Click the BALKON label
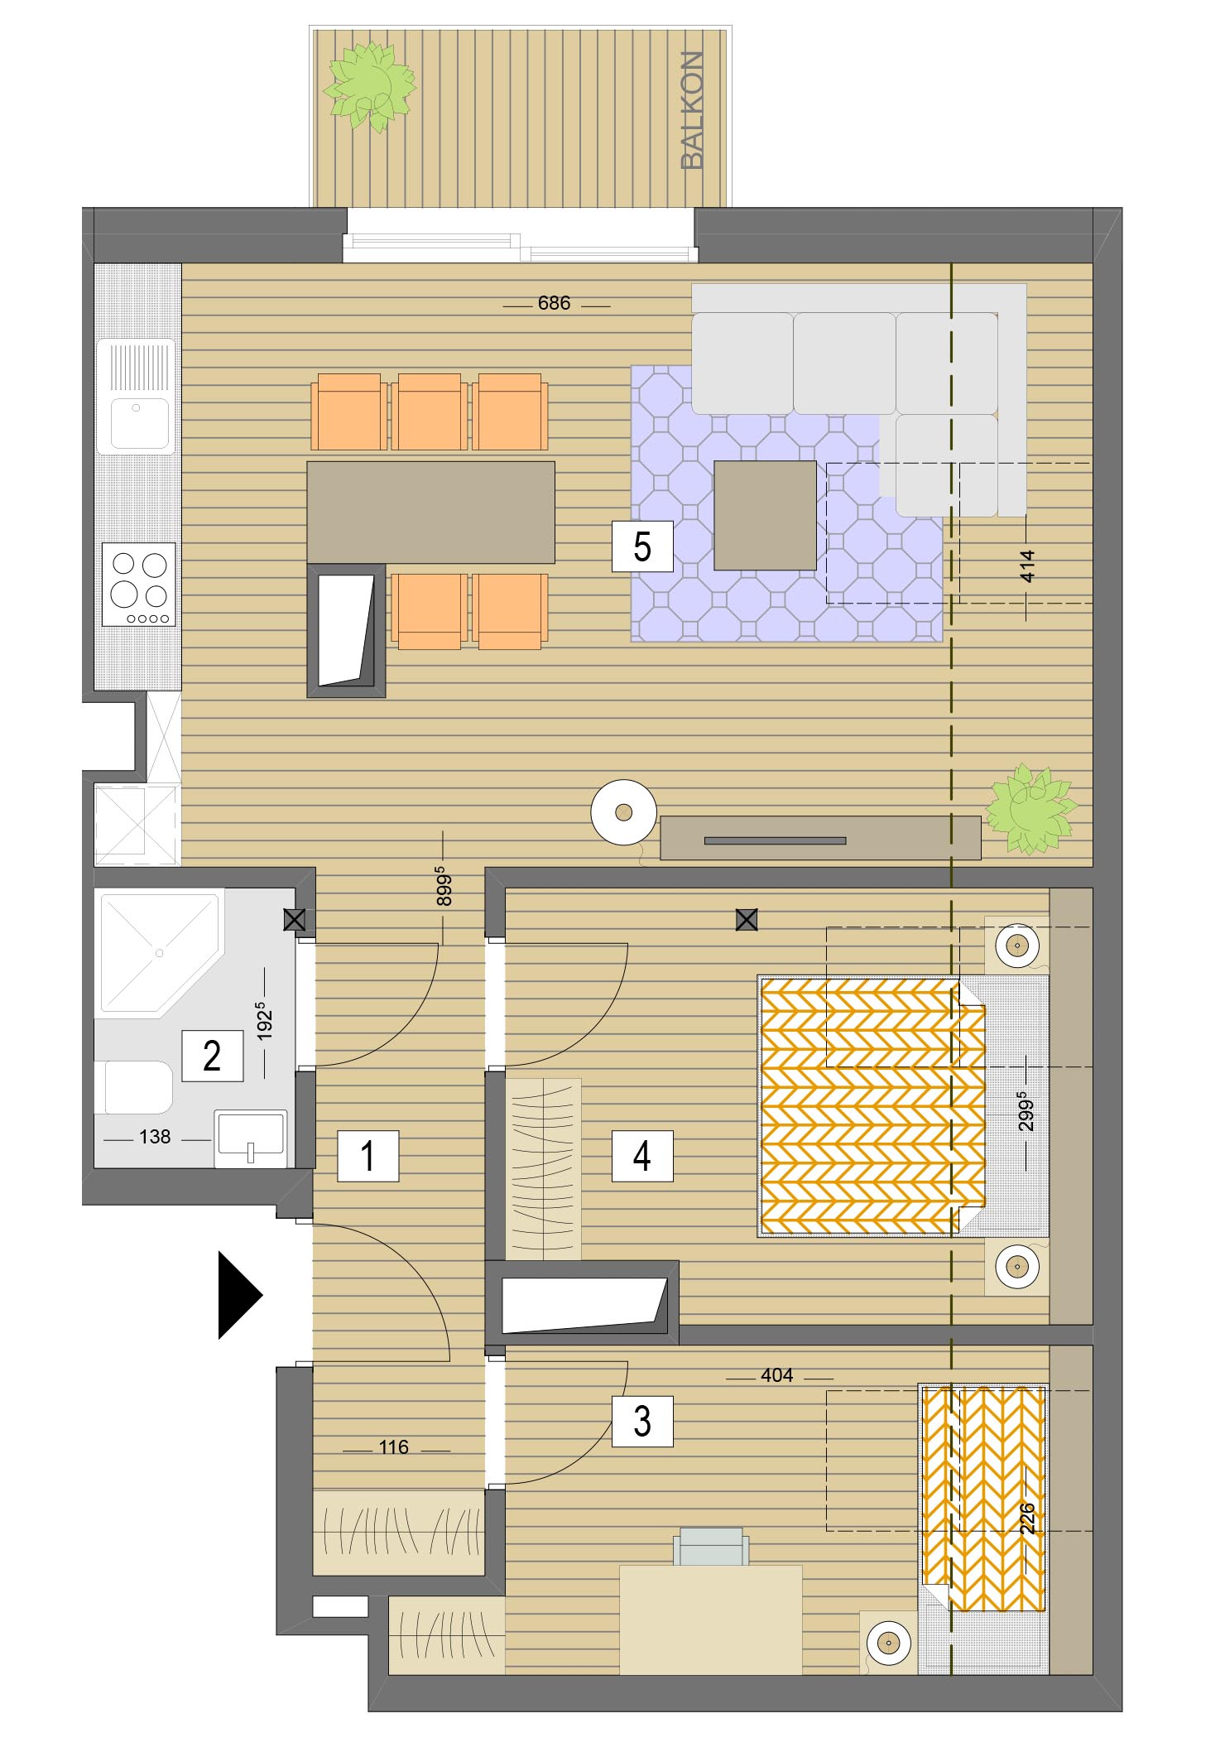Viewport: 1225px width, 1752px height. pyautogui.click(x=692, y=110)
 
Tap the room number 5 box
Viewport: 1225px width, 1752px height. pyautogui.click(x=642, y=546)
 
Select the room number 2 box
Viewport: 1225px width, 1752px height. pyautogui.click(x=213, y=1056)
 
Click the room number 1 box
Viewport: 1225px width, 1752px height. pyautogui.click(x=368, y=1156)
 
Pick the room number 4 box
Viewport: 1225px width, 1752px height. pyautogui.click(x=642, y=1156)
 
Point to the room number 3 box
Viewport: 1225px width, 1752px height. pyautogui.click(x=642, y=1422)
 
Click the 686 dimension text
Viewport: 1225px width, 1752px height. pyautogui.click(x=554, y=304)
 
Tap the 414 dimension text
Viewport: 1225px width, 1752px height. pyautogui.click(x=1027, y=566)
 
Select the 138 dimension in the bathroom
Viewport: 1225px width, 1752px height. pyautogui.click(x=155, y=1138)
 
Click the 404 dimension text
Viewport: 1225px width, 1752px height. pyautogui.click(x=777, y=1375)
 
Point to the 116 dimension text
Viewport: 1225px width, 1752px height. pyautogui.click(x=394, y=1447)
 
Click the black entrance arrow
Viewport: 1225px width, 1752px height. pyautogui.click(x=240, y=1295)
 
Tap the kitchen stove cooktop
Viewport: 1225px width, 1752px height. pyautogui.click(x=139, y=585)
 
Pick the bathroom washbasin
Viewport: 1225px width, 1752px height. pyautogui.click(x=250, y=1138)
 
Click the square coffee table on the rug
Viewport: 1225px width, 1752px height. pyautogui.click(x=765, y=516)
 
